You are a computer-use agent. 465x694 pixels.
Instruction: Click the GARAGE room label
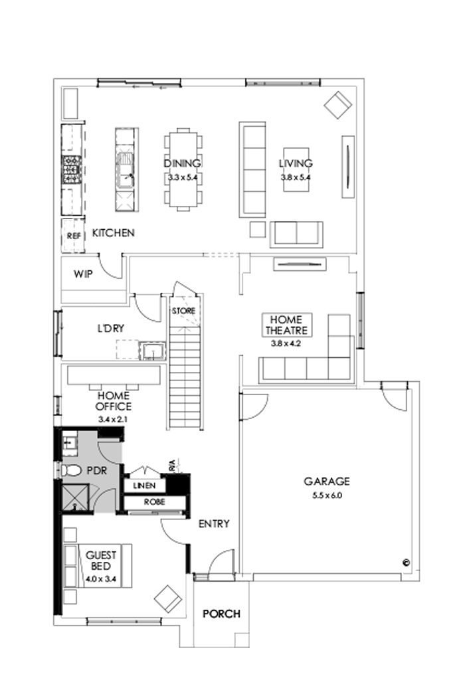[326, 481]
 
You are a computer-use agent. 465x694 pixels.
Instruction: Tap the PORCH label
[221, 614]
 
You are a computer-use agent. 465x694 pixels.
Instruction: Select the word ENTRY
[214, 524]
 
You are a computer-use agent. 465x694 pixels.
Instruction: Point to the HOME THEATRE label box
[287, 325]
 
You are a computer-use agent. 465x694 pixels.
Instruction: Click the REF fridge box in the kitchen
[72, 235]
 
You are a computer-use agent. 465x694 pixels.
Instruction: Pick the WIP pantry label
[82, 273]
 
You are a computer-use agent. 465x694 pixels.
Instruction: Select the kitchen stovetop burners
[72, 169]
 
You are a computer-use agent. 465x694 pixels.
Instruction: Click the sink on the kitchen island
[125, 169]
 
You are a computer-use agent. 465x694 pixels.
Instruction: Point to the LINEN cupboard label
[144, 486]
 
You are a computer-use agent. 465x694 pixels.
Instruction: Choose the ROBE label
[153, 503]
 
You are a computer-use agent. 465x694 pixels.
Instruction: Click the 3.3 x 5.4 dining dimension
[183, 177]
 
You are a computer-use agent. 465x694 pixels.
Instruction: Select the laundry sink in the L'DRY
[152, 350]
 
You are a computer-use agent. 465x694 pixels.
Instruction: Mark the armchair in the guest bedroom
[168, 599]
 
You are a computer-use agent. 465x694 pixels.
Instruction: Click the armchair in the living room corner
[338, 104]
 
